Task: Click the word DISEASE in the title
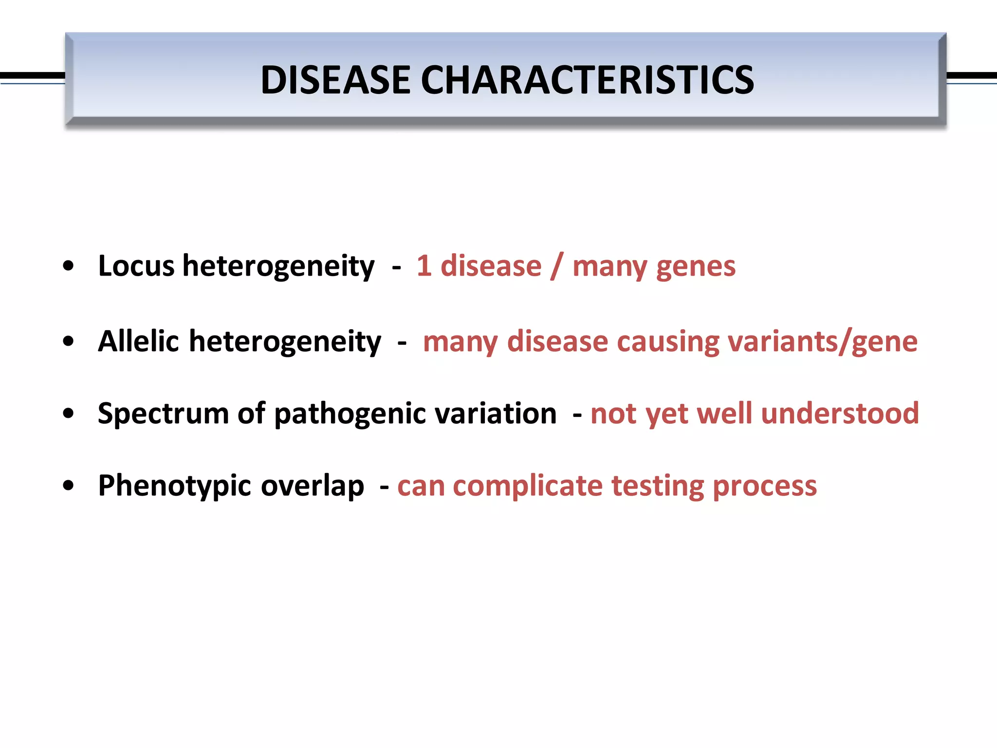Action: [x=335, y=80]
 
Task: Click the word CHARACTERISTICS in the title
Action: [x=587, y=80]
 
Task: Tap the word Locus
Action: [x=136, y=266]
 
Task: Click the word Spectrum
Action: [x=163, y=414]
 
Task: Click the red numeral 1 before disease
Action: [x=424, y=266]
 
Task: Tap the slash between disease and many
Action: [x=556, y=266]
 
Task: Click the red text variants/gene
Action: [x=822, y=342]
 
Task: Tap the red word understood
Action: [x=840, y=414]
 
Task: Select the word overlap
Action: [x=312, y=486]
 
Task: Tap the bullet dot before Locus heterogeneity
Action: [x=69, y=266]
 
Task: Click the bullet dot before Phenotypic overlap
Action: [x=69, y=486]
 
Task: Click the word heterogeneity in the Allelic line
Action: [x=285, y=342]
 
